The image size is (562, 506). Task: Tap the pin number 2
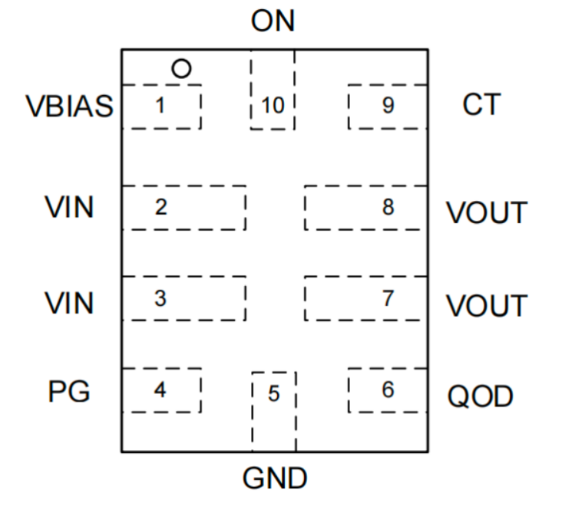[x=160, y=207]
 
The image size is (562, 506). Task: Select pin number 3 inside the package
[x=160, y=298]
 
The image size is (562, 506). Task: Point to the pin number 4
[x=160, y=389]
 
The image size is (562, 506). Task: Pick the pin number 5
[x=274, y=395]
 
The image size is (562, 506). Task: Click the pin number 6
[x=388, y=389]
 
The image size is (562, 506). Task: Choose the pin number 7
[x=388, y=298]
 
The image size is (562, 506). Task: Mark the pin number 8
[x=388, y=207]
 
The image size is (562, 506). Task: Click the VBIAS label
[x=69, y=107]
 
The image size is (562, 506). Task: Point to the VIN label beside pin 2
[x=69, y=207]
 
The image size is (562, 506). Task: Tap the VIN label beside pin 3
[x=69, y=303]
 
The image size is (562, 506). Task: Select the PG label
[x=69, y=392]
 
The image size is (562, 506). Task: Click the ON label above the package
[x=273, y=21]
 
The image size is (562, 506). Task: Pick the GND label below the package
[x=274, y=478]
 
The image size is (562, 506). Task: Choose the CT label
[x=481, y=105]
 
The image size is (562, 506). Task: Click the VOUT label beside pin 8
[x=488, y=212]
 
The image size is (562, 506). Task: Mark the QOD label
[x=481, y=397]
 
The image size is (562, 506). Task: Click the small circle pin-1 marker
[x=180, y=69]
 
